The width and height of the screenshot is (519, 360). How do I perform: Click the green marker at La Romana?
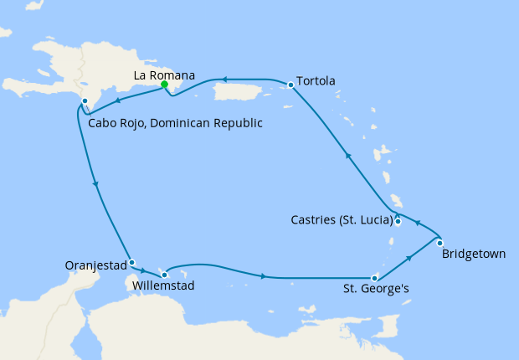tap(165, 84)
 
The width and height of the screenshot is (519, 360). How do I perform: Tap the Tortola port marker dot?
tap(290, 85)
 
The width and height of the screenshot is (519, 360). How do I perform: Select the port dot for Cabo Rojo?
tap(85, 101)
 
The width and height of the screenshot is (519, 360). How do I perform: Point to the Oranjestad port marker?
tap(131, 262)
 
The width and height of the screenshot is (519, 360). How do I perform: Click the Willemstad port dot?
tap(165, 274)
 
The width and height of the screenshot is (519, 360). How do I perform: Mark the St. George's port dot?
tap(374, 278)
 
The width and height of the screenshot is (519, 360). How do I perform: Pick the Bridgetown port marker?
tap(440, 243)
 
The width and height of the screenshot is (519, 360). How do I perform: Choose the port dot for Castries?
tap(398, 222)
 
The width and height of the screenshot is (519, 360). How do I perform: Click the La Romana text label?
tap(165, 75)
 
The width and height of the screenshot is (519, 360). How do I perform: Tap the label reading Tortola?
tap(316, 81)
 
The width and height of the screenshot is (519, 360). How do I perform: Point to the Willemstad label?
tap(164, 286)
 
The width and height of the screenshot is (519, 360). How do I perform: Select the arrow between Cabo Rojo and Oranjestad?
tap(97, 184)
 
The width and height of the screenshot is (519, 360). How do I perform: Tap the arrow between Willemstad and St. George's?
tap(265, 276)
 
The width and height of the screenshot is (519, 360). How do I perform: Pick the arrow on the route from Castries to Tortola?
tap(347, 155)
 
